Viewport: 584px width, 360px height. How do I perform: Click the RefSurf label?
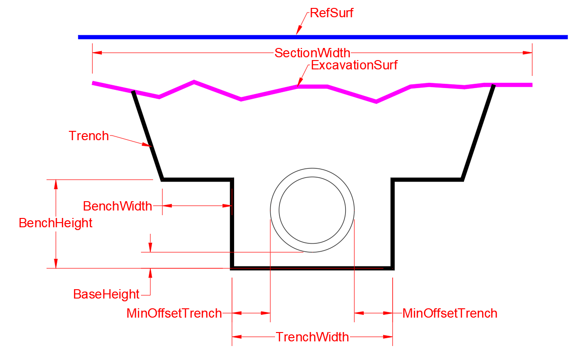pos(331,13)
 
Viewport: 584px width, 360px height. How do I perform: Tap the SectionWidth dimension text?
pos(312,53)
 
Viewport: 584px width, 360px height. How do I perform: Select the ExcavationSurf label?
pos(354,65)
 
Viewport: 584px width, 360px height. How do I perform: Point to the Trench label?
pos(88,136)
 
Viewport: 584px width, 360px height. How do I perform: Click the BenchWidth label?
pos(117,206)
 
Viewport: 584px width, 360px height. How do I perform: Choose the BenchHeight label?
pos(55,223)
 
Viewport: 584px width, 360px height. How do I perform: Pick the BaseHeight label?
pos(106,294)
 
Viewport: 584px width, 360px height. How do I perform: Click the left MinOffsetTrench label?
pos(174,313)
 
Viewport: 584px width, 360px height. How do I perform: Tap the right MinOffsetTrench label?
pos(450,313)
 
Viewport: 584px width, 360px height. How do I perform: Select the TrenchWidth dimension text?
pos(312,337)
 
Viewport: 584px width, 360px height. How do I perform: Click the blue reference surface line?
pos(323,37)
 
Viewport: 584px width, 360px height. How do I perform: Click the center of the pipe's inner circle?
pos(312,210)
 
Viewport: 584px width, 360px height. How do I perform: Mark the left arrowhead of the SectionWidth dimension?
pos(97,53)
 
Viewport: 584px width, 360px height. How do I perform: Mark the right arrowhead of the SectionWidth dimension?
pos(527,53)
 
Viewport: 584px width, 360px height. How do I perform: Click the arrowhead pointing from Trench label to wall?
pos(147,144)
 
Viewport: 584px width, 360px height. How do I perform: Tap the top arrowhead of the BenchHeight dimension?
pos(56,184)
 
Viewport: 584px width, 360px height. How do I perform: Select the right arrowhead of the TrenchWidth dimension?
pos(388,337)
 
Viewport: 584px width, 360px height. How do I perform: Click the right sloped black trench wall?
pos(477,132)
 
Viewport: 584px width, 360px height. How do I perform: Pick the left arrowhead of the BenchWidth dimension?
pos(167,206)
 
